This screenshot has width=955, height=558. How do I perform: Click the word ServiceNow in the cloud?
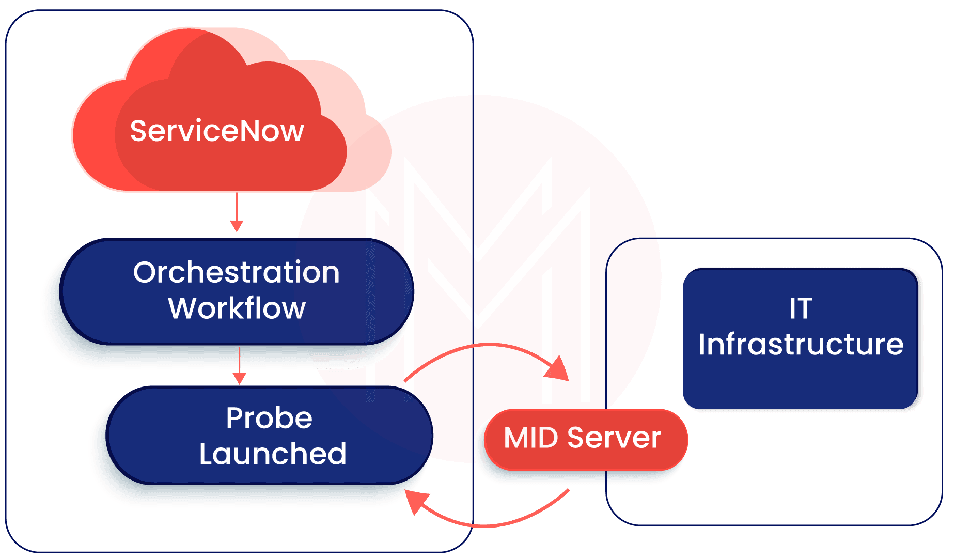click(x=217, y=131)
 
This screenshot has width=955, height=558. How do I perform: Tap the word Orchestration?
click(x=236, y=272)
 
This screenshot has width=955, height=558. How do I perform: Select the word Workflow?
click(x=237, y=308)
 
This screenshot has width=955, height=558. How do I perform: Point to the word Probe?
click(x=269, y=418)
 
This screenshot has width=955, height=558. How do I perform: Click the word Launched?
click(x=273, y=454)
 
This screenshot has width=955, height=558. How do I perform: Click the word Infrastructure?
click(x=801, y=345)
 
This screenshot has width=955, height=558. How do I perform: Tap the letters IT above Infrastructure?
click(x=801, y=308)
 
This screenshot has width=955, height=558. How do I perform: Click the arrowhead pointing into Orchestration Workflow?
click(x=237, y=226)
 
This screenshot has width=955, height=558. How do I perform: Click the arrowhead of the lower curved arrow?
click(x=416, y=501)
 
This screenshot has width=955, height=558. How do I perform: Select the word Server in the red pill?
click(x=614, y=438)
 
